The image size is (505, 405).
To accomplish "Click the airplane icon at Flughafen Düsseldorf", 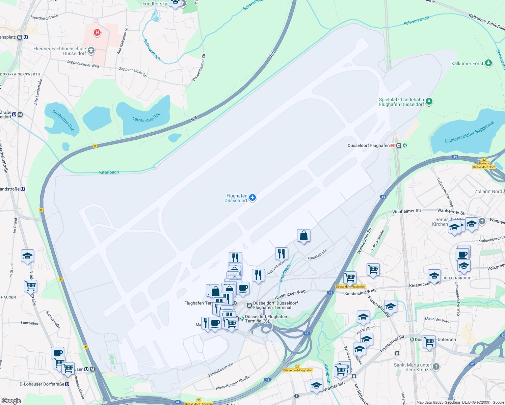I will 252,197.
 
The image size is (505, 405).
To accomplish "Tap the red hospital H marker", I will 97,32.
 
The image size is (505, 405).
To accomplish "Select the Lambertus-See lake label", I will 146,117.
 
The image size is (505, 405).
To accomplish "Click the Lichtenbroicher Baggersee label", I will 469,132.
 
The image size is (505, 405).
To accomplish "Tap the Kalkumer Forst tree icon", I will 488,63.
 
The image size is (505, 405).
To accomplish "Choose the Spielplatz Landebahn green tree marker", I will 429,101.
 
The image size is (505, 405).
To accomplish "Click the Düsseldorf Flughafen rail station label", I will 369,145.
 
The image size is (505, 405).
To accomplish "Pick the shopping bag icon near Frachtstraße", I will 303,236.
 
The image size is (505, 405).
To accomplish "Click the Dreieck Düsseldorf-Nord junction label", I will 484,165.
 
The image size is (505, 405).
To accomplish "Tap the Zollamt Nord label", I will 488,191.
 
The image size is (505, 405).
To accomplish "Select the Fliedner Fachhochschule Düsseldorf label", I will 60,51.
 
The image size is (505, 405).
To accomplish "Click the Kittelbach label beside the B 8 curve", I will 109,172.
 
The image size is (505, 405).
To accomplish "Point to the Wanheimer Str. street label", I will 407,211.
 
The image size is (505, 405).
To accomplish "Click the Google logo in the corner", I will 11,401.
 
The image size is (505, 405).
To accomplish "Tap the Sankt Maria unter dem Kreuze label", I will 412,367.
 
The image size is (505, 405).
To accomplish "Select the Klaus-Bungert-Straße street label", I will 233,383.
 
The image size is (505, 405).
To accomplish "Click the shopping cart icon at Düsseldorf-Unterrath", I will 429,341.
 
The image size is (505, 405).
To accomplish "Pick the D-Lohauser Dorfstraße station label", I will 42,384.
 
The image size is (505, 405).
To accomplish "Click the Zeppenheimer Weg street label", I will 83,63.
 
